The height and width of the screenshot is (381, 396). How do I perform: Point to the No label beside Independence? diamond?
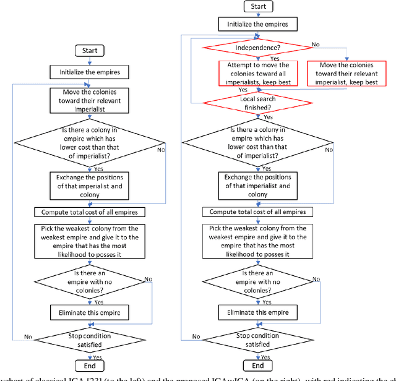pos(316,45)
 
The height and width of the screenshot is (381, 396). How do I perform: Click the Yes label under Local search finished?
pos(267,117)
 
